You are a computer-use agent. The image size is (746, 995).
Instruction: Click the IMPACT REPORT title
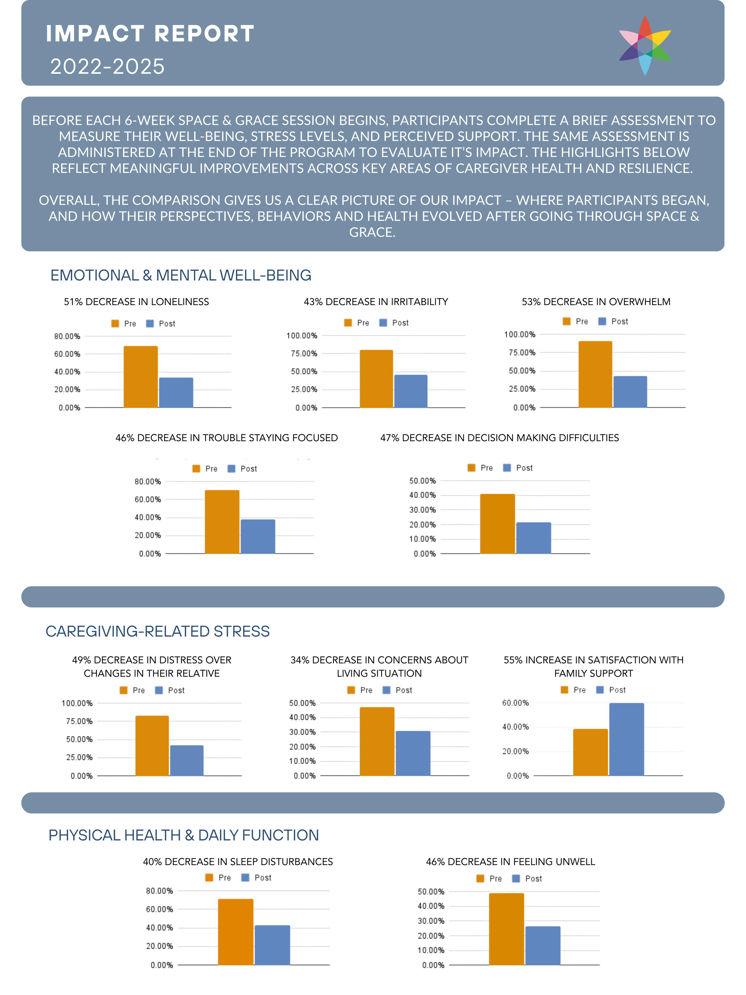(150, 34)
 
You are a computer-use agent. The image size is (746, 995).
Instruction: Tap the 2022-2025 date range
(107, 67)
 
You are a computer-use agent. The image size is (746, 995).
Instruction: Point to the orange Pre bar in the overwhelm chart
(595, 374)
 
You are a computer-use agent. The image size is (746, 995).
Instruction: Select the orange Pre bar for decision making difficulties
(497, 524)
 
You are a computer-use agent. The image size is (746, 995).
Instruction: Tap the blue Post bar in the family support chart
(626, 739)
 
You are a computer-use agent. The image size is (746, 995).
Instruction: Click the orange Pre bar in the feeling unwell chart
(506, 929)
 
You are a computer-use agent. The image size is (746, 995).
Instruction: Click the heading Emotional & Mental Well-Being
(181, 275)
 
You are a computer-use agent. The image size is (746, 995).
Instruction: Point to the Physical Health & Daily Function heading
(184, 835)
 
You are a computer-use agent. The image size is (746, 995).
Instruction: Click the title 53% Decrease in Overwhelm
(596, 302)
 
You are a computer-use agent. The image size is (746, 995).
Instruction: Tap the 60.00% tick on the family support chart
(515, 703)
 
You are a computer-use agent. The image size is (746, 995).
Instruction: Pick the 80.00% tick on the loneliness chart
(67, 336)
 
